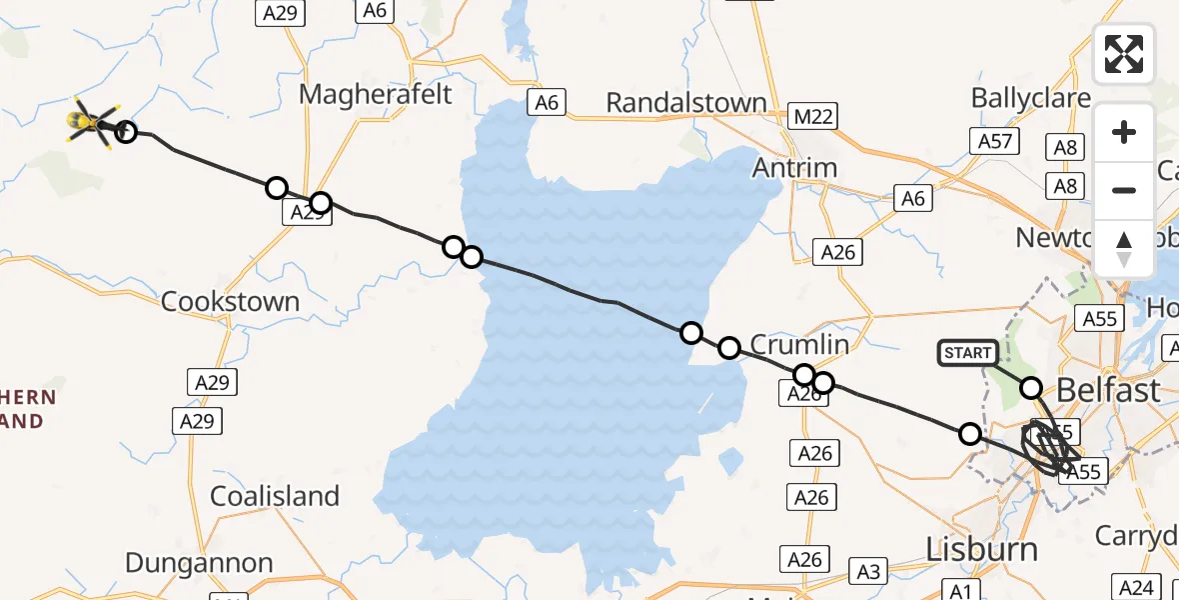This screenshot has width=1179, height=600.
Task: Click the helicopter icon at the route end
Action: [92, 123]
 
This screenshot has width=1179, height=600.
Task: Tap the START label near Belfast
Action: [968, 352]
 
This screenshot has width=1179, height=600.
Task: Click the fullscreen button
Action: [1124, 54]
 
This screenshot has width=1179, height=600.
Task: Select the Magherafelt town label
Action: [376, 95]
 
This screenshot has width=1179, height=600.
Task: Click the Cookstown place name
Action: [230, 302]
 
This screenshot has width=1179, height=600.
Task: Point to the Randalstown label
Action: [686, 102]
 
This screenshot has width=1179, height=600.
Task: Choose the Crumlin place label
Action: [799, 345]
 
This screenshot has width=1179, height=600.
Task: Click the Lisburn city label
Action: [981, 548]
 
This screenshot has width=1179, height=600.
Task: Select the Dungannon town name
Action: [201, 563]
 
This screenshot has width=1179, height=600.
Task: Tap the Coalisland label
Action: [275, 496]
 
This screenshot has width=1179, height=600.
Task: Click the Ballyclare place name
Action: [1031, 98]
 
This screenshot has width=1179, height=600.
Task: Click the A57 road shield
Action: [996, 141]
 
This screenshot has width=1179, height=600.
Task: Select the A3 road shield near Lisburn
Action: [868, 572]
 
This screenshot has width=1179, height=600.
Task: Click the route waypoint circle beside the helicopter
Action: [126, 131]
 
